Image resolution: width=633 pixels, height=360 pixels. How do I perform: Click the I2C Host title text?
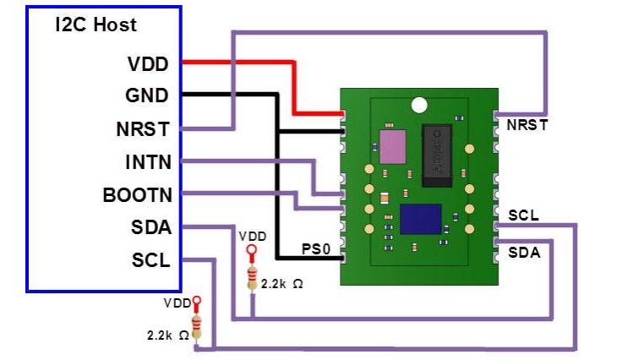(x=95, y=25)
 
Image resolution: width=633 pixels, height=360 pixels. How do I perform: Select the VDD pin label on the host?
(x=148, y=64)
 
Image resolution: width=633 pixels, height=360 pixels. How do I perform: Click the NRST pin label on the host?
(x=143, y=129)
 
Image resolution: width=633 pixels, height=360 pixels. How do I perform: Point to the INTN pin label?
(x=145, y=161)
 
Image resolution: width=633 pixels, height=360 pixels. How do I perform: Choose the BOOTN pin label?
(x=137, y=194)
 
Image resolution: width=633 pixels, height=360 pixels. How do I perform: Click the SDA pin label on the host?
(x=150, y=226)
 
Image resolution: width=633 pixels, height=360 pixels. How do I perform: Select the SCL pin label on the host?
(x=150, y=259)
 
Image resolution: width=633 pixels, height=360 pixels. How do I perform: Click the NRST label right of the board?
(x=527, y=126)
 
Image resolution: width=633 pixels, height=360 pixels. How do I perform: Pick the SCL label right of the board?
(x=524, y=215)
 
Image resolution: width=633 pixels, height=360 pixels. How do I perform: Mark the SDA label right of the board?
(x=524, y=252)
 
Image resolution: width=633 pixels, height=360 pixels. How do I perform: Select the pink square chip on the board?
(x=393, y=146)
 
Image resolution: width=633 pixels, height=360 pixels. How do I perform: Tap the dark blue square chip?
(x=421, y=219)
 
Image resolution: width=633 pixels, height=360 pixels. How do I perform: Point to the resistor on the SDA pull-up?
(x=251, y=276)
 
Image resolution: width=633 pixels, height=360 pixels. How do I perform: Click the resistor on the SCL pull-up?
(x=198, y=326)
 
